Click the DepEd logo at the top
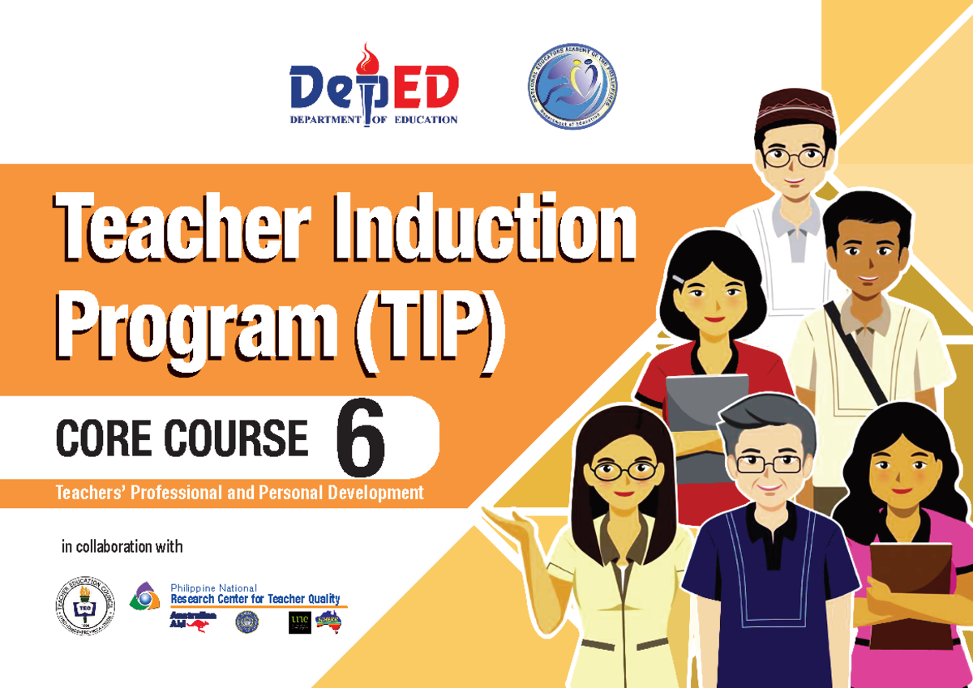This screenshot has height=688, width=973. coord(374,89)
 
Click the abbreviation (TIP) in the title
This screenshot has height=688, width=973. coord(430,332)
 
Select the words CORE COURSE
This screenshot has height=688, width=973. coord(182,440)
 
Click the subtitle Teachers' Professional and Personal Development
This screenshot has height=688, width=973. coord(239,493)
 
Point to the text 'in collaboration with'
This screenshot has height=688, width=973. coord(122,547)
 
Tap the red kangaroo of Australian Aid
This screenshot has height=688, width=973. coord(197,624)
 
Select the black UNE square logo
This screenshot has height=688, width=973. coord(299,622)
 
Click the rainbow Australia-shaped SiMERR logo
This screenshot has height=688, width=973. coord(328,621)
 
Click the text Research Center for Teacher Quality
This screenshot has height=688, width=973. coord(255,599)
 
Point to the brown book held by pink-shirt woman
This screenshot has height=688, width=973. coord(911,583)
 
